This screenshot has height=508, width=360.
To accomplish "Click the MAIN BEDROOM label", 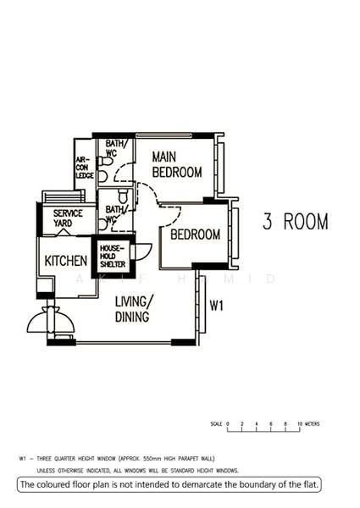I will [x=177, y=164].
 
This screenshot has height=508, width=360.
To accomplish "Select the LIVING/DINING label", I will [x=135, y=309].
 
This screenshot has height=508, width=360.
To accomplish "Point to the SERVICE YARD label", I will [x=68, y=218].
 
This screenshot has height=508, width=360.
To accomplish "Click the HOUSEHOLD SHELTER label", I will [x=113, y=257].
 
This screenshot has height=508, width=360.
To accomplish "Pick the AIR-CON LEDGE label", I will [x=83, y=167].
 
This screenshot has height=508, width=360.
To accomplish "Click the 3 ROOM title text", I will [x=295, y=223].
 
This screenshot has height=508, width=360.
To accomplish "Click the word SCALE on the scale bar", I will [x=216, y=422].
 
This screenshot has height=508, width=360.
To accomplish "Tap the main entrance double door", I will [x=48, y=324].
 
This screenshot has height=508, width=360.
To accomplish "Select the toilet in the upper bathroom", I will [x=102, y=176].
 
